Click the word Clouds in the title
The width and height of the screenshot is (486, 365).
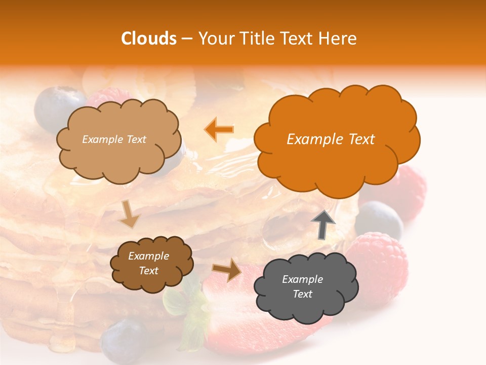click(x=149, y=39)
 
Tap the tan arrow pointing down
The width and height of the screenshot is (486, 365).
click(x=129, y=213)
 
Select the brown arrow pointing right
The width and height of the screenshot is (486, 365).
click(x=227, y=270)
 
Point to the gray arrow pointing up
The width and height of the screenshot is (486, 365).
click(x=322, y=224)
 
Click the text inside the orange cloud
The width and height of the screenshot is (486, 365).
click(x=331, y=139)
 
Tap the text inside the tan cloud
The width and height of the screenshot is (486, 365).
click(x=114, y=139)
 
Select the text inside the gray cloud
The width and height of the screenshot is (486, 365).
click(x=302, y=286)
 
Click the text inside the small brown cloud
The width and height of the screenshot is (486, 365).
click(x=148, y=264)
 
